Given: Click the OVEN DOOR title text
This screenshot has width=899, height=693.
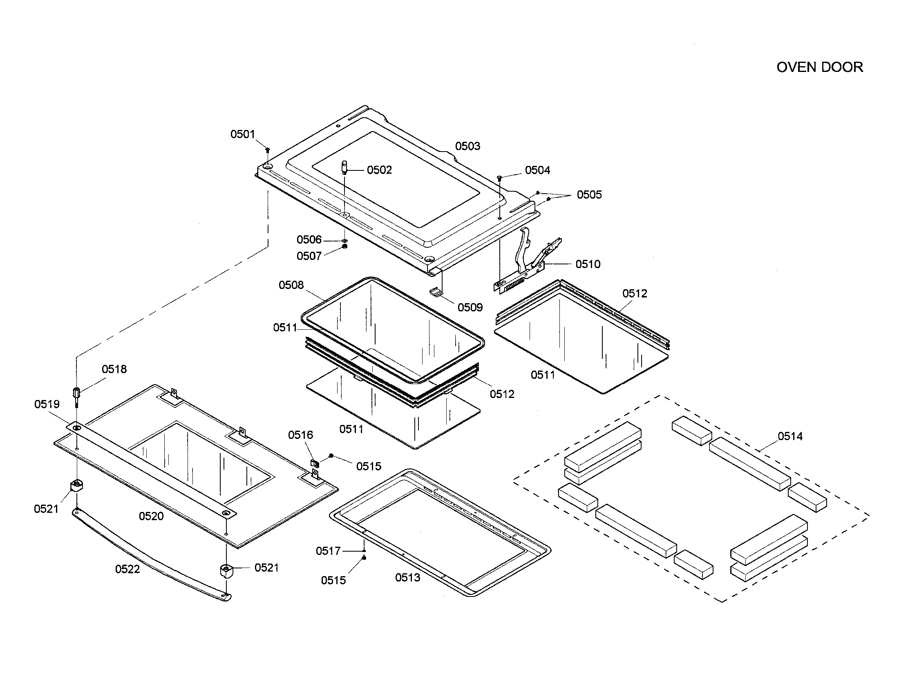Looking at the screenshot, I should pyautogui.click(x=819, y=67).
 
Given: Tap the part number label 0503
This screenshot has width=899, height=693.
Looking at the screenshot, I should pyautogui.click(x=467, y=146).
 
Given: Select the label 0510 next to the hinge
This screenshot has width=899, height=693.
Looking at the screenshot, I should pyautogui.click(x=588, y=264).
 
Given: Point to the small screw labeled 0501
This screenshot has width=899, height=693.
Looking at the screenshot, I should pyautogui.click(x=268, y=150).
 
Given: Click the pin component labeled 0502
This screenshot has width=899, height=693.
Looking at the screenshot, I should pyautogui.click(x=344, y=168).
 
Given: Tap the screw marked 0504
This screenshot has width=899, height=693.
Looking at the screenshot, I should pyautogui.click(x=499, y=178).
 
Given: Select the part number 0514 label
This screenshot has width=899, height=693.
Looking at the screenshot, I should pyautogui.click(x=790, y=436).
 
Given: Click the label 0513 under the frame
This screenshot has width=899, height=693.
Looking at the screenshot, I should pyautogui.click(x=407, y=578).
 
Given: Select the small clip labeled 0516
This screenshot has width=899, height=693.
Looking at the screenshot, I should pyautogui.click(x=315, y=463).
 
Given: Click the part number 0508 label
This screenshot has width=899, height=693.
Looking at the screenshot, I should pyautogui.click(x=291, y=285).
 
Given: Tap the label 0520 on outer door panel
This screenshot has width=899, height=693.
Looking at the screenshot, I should pyautogui.click(x=151, y=516).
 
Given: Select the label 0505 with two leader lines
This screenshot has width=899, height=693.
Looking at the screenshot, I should pyautogui.click(x=589, y=194).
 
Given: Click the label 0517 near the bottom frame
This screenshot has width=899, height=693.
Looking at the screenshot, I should pyautogui.click(x=328, y=551).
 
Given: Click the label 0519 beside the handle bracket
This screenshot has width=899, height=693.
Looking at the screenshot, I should pyautogui.click(x=47, y=404).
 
